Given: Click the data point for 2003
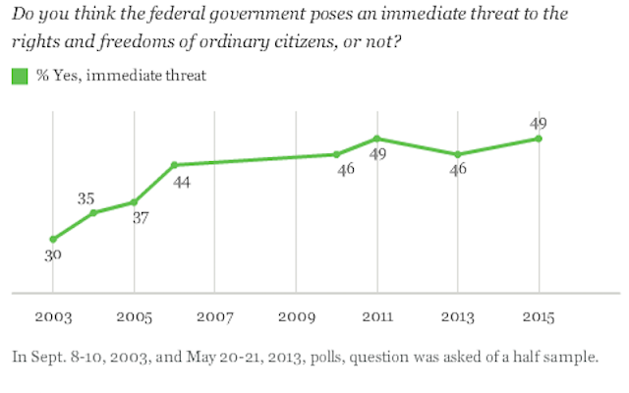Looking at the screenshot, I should pyautogui.click(x=52, y=239).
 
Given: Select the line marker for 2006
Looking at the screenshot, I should pyautogui.click(x=174, y=165).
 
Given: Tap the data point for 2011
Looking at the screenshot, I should pyautogui.click(x=376, y=139).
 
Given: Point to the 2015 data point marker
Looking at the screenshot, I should pyautogui.click(x=539, y=139).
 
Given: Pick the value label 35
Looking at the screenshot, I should pyautogui.click(x=87, y=197).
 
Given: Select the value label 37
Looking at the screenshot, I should pyautogui.click(x=140, y=218).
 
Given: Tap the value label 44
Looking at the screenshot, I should pyautogui.click(x=184, y=183).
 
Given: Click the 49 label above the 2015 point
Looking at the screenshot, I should pyautogui.click(x=538, y=123).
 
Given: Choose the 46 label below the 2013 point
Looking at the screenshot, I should pyautogui.click(x=457, y=169).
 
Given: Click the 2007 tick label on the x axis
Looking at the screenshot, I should pyautogui.click(x=214, y=319).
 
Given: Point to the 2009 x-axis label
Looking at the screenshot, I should pyautogui.click(x=296, y=319).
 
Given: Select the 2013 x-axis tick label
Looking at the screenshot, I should pyautogui.click(x=457, y=319).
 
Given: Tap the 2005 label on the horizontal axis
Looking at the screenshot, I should pyautogui.click(x=134, y=319).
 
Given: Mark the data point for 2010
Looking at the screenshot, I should pyautogui.click(x=336, y=154).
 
